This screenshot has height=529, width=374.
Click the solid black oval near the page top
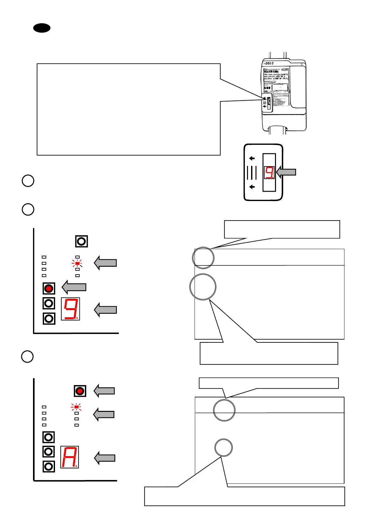click(x=42, y=28)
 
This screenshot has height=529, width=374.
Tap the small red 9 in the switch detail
click(x=269, y=172)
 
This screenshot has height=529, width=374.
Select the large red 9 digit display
click(x=70, y=309)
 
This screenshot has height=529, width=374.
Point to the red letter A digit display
click(x=69, y=457)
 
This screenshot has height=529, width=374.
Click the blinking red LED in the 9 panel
click(x=77, y=263)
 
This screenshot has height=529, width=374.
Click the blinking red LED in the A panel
click(x=76, y=407)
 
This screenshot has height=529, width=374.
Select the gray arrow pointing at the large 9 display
click(x=106, y=310)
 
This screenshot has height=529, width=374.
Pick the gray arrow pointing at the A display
click(x=105, y=458)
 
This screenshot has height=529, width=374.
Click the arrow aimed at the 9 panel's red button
click(x=74, y=287)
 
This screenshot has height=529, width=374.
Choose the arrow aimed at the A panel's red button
click(x=104, y=391)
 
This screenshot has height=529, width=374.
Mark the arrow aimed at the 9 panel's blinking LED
click(x=106, y=263)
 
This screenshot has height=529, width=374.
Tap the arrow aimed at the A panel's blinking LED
click(x=104, y=414)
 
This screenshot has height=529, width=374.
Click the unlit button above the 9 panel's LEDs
click(x=81, y=241)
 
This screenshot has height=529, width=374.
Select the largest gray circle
click(x=203, y=287)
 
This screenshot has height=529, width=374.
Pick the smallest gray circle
click(x=223, y=448)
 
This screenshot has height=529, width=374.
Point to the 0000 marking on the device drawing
click(x=269, y=63)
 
